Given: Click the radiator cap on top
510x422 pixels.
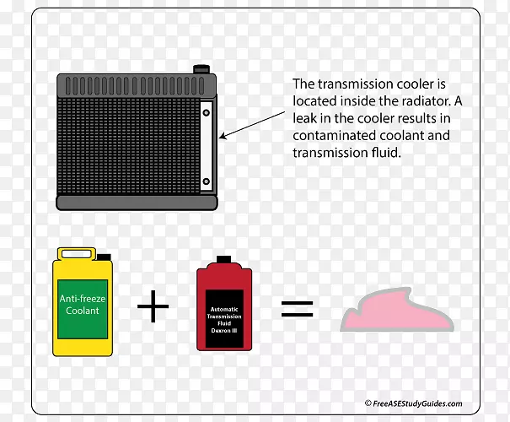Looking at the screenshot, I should click(201, 68).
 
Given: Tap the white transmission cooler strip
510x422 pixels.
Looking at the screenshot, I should click(207, 145).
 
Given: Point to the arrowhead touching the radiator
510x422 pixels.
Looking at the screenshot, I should click(222, 136).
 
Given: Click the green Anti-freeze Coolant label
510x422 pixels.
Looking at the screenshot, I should click(80, 305).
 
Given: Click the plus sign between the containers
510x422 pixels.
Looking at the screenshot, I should click(153, 306).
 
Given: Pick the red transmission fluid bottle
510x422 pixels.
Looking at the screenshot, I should click(225, 309).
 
